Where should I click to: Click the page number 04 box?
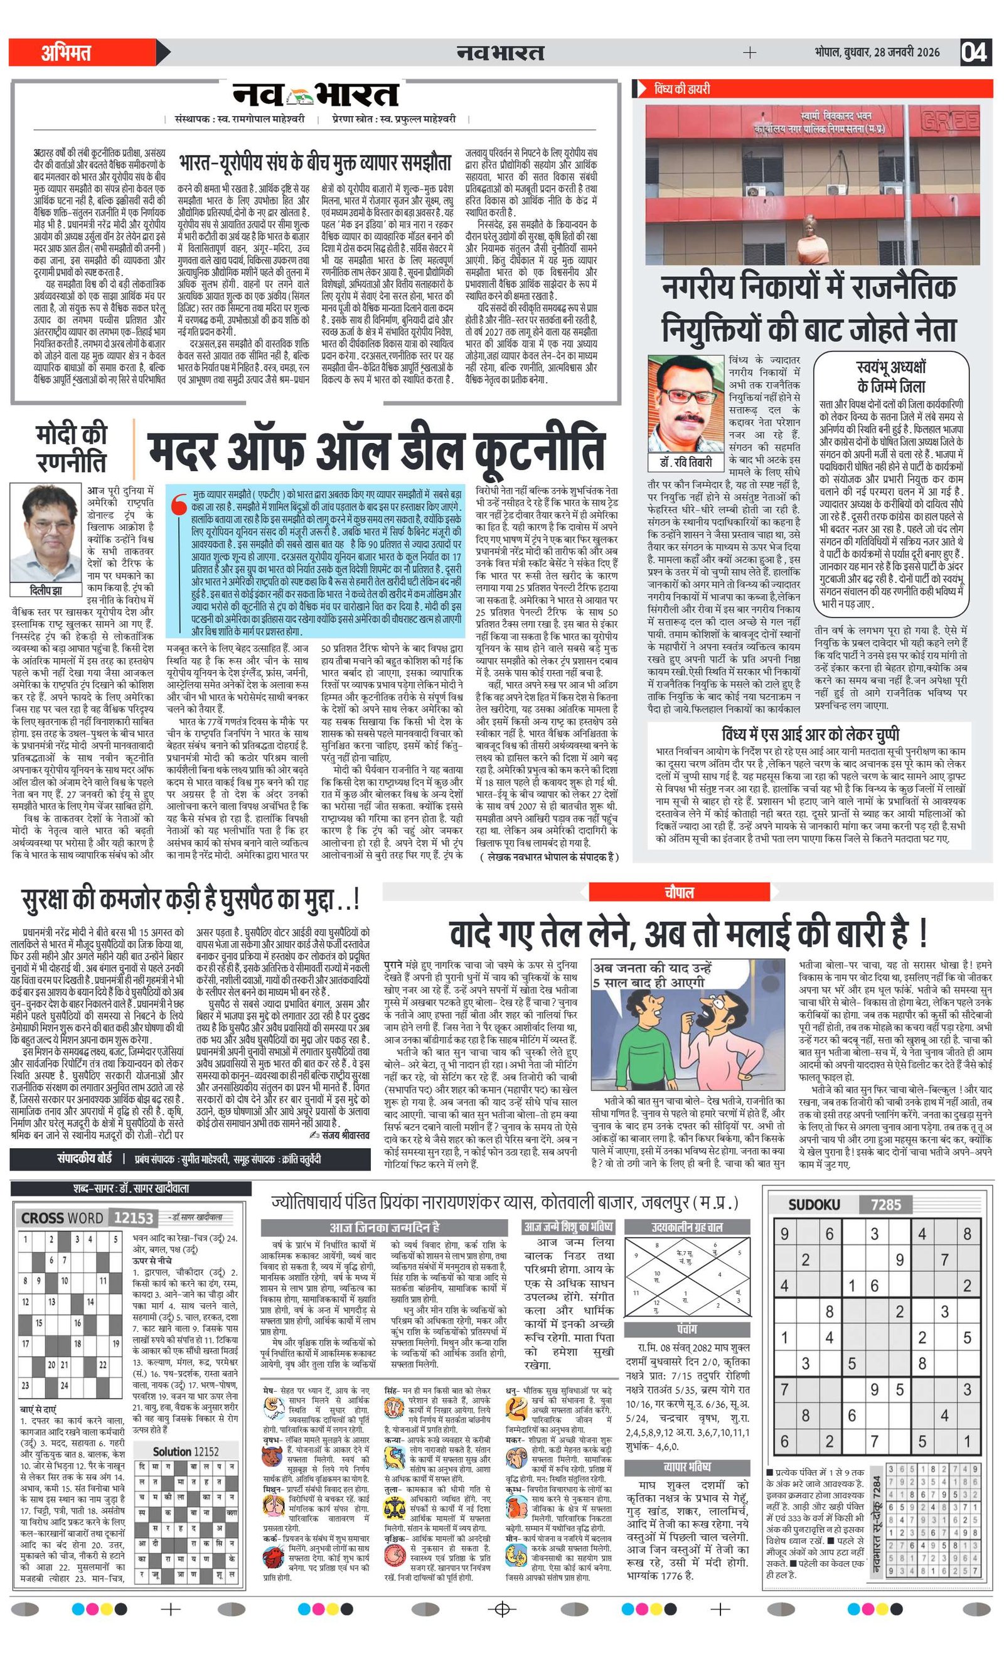pyautogui.click(x=975, y=52)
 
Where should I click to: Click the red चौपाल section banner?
pyautogui.click(x=678, y=892)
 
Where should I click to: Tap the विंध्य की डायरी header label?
pyautogui.click(x=681, y=89)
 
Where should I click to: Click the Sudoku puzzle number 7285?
pyautogui.click(x=885, y=1205)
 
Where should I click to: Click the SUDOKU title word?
pyautogui.click(x=814, y=1205)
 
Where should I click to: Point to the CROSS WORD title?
pyautogui.click(x=62, y=1218)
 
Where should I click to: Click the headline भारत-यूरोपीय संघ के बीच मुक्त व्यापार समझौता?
pyautogui.click(x=315, y=163)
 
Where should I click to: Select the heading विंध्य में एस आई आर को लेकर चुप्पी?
pyautogui.click(x=809, y=733)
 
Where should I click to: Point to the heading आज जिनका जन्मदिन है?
pyautogui.click(x=385, y=1227)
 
